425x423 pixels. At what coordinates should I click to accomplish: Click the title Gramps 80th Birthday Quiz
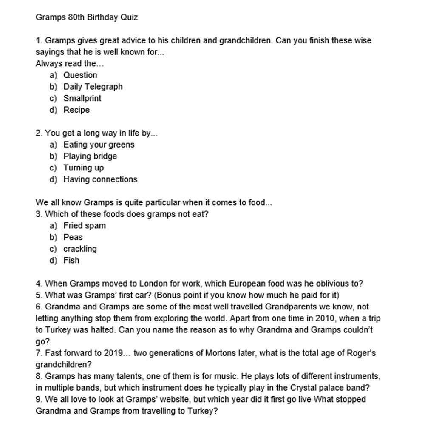87,17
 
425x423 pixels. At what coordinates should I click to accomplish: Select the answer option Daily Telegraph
93,87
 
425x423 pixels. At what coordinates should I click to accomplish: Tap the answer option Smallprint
82,98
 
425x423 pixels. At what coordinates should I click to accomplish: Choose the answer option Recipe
76,110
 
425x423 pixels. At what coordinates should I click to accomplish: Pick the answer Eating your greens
99,145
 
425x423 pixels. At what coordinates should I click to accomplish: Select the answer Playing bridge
90,156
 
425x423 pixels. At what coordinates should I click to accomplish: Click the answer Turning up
83,167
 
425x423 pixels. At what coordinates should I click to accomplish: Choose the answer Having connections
100,179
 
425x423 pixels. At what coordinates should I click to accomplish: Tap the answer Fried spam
84,226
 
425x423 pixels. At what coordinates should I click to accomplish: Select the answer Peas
73,237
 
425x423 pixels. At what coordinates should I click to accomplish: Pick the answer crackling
80,249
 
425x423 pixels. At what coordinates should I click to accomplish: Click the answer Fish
71,260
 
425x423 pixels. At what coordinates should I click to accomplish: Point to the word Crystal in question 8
304,388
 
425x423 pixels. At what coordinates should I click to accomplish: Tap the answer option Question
80,75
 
